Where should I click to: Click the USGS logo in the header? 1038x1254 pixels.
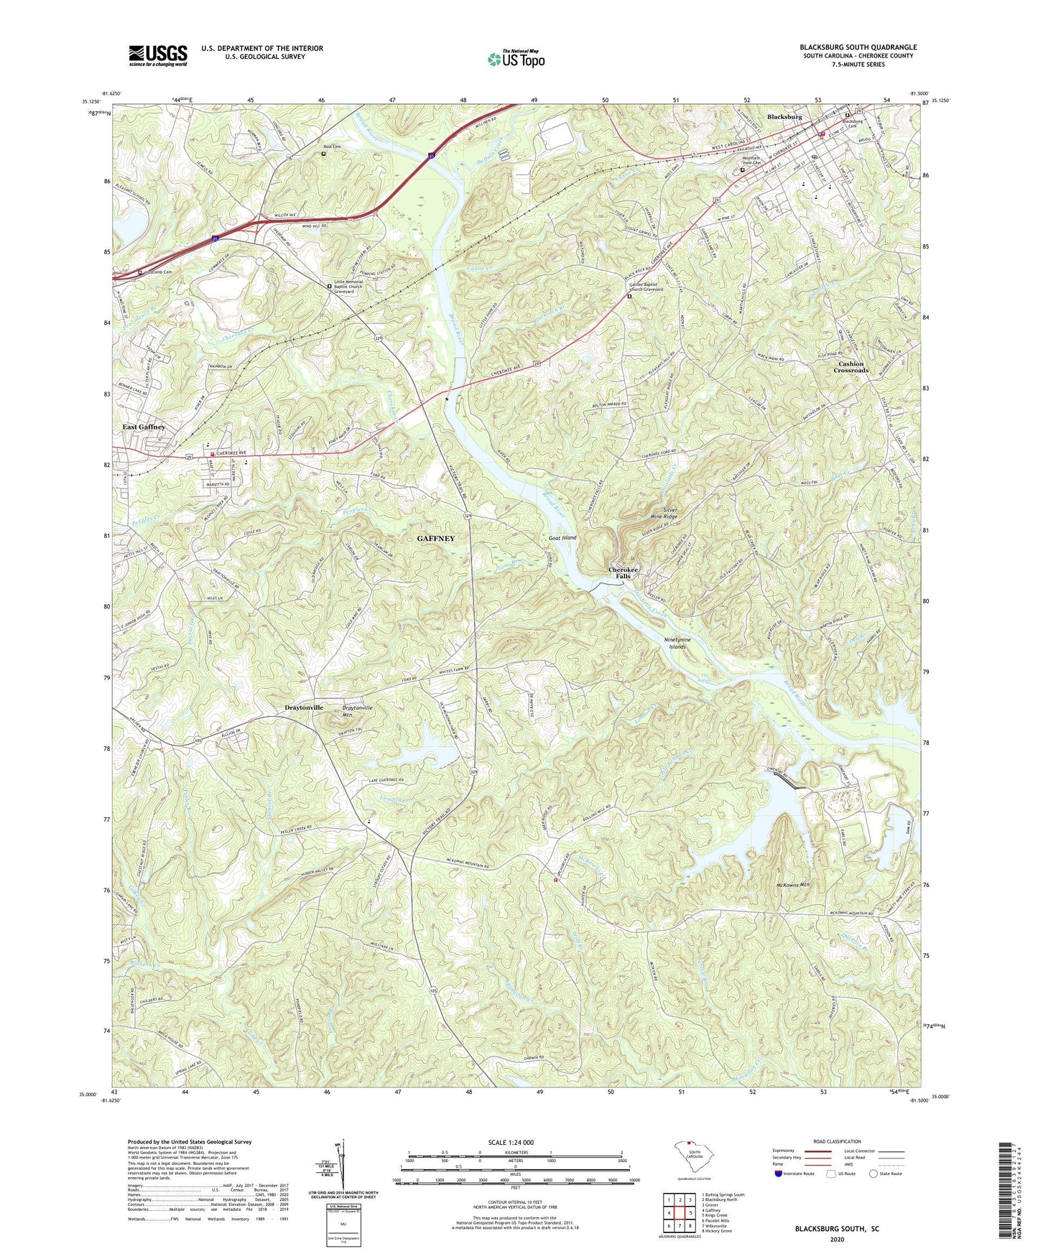[158, 55]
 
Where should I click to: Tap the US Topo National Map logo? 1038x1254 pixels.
[516, 59]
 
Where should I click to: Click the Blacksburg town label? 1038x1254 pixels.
[784, 116]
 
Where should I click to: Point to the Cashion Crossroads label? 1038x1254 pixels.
[851, 367]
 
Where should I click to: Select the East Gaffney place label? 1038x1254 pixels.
[144, 427]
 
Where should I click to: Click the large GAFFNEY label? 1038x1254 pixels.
[436, 538]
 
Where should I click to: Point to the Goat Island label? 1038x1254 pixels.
[562, 537]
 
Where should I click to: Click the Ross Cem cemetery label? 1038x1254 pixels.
[331, 147]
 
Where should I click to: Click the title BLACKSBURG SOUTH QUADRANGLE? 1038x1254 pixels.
[858, 47]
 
